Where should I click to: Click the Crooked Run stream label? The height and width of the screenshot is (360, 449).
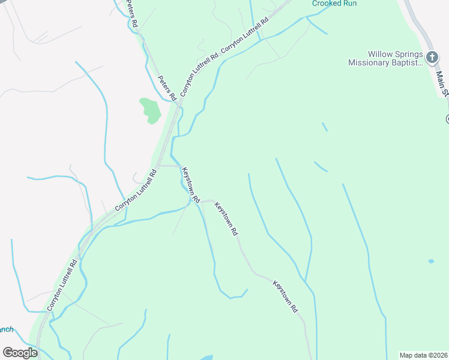coord(334,3)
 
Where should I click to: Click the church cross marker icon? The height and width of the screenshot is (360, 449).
coord(432,57)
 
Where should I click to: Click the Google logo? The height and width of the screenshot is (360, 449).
coord(20,352)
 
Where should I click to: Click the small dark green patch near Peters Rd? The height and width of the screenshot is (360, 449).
coord(150,109)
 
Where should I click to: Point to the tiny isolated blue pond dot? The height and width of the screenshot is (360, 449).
coord(431,261)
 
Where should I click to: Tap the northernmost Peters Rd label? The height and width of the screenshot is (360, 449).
coord(132,14)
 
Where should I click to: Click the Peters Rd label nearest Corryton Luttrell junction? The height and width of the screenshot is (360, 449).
coord(166,88)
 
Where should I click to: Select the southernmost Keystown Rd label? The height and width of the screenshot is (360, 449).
coord(286,296)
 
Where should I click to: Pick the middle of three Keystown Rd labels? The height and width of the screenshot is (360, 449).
coord(227,217)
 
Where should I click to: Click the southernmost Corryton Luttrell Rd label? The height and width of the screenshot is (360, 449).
coord(62,284)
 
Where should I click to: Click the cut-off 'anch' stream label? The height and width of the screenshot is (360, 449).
coord(6,329)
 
